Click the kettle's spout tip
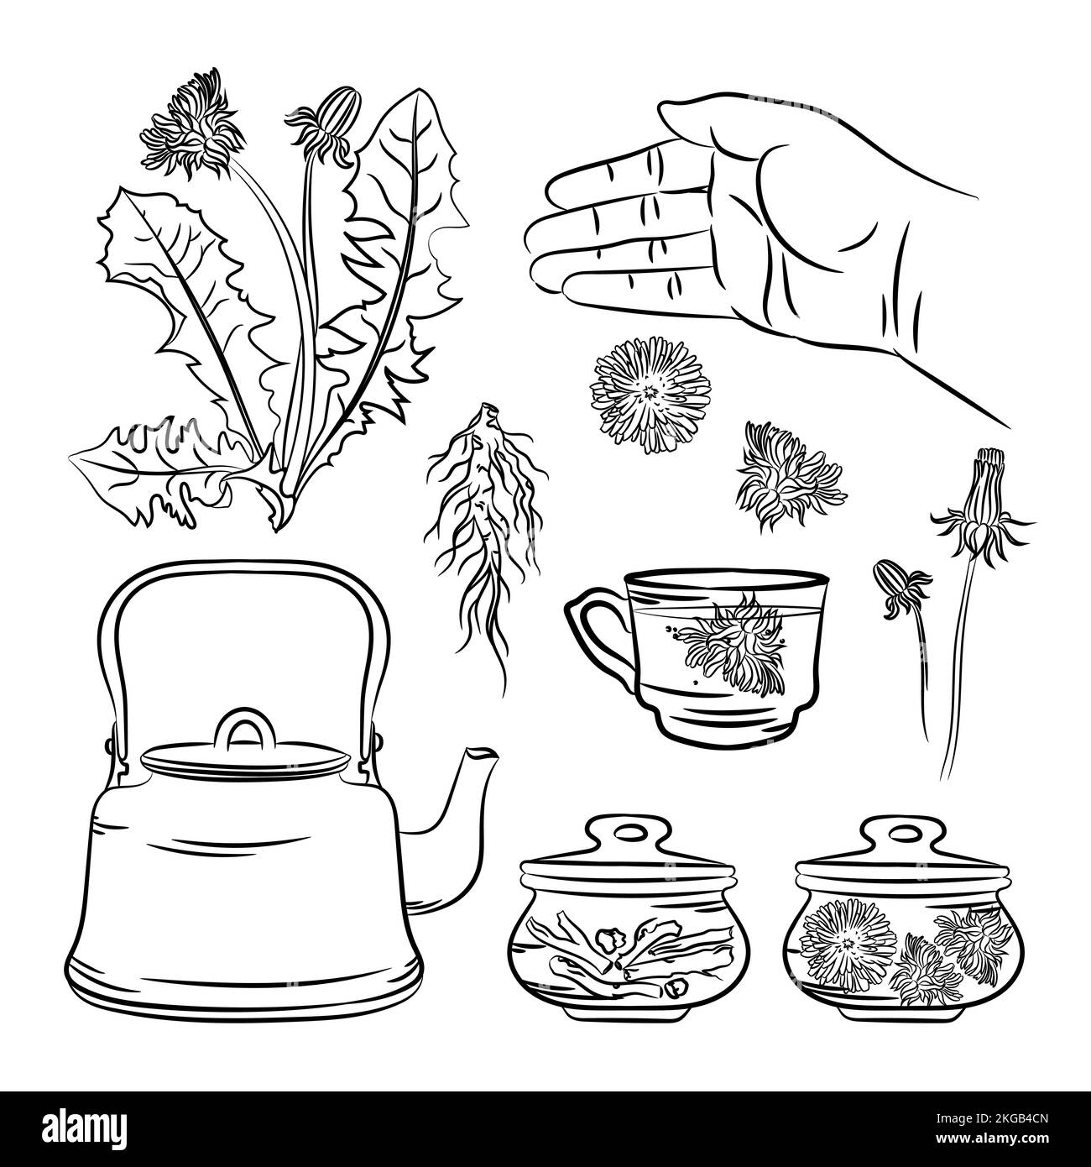point(483,754)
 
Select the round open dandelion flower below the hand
point(651,395)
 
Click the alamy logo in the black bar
point(86,1127)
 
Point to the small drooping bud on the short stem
point(899,589)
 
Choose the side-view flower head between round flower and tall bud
point(791,476)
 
